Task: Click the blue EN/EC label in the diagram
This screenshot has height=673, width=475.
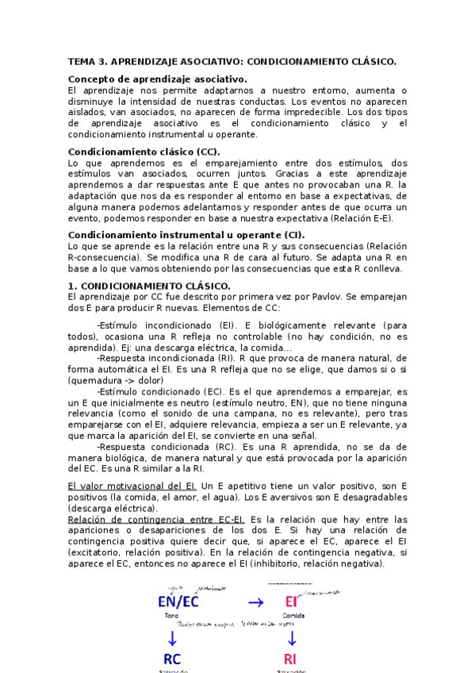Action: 178,602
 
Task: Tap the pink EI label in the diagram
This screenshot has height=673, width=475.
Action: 292,602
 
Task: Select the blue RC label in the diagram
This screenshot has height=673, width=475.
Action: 172,659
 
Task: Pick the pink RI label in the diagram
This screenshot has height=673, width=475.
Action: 291,659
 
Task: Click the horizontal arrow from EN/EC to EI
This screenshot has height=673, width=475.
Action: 255,602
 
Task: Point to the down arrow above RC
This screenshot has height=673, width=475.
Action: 171,637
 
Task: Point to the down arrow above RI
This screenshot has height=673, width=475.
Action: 292,637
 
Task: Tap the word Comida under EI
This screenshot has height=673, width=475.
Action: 293,616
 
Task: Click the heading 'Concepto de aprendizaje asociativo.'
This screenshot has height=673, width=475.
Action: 158,79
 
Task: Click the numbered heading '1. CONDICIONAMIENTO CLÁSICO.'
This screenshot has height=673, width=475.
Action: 149,286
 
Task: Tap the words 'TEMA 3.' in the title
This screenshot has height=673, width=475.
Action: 87,60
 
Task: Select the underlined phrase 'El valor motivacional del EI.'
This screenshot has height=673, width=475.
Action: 132,486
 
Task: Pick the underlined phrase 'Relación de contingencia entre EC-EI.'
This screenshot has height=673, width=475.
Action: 157,519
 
